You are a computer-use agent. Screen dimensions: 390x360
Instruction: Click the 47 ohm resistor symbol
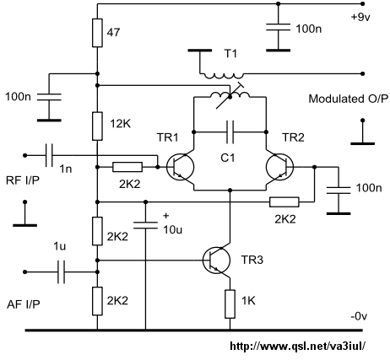click(97, 33)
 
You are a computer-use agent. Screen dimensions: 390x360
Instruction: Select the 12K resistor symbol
click(97, 126)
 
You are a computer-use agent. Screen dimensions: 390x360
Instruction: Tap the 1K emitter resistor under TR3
click(230, 304)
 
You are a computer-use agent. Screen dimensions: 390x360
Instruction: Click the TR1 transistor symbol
click(180, 167)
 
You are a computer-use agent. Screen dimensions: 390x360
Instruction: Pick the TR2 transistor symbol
click(279, 167)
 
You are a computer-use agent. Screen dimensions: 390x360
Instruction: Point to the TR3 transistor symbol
click(216, 261)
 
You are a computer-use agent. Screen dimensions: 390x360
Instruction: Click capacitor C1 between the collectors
click(230, 132)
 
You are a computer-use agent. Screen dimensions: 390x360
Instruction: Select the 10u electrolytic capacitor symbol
click(145, 225)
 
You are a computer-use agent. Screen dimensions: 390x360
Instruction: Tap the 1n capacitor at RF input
click(49, 155)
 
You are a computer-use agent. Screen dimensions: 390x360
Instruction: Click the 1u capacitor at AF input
click(61, 272)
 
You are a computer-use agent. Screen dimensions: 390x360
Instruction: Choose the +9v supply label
click(360, 18)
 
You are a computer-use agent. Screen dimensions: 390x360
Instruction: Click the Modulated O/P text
click(348, 99)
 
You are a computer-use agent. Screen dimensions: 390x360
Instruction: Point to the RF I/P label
click(23, 180)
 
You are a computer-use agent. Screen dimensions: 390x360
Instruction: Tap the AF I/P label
click(24, 304)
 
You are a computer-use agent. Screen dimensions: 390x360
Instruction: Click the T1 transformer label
click(230, 53)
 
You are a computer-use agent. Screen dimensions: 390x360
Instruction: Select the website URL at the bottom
click(298, 346)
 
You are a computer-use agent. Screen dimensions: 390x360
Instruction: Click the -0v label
click(359, 316)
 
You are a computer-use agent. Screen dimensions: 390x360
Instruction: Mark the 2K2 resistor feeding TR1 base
click(127, 167)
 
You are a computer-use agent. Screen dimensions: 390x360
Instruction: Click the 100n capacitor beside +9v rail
click(279, 28)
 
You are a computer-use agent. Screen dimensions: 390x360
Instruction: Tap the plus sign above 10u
click(166, 216)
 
